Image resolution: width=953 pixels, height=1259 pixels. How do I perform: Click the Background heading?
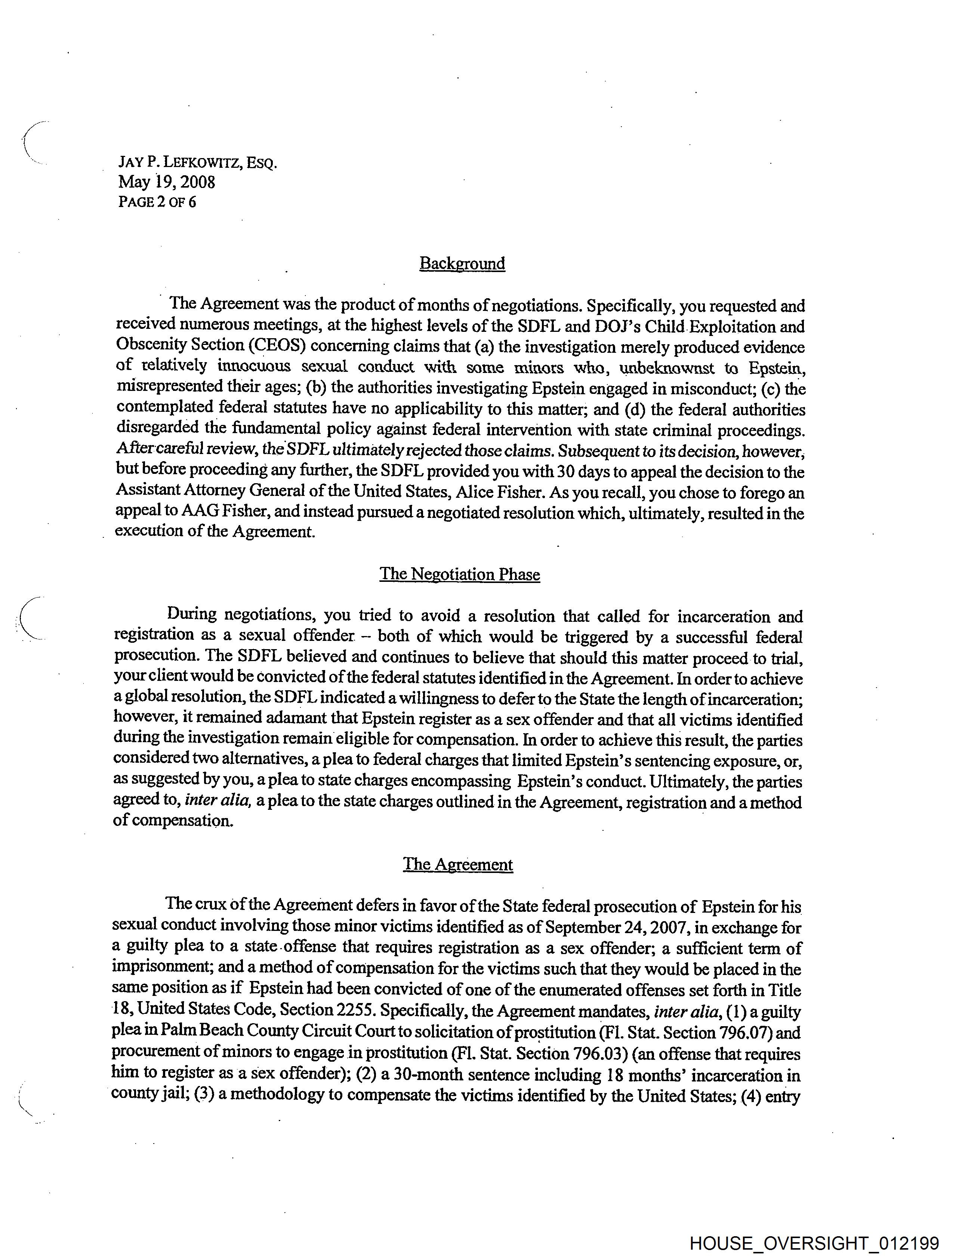click(x=462, y=263)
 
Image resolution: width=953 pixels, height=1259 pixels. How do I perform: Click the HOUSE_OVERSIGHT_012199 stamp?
click(x=814, y=1243)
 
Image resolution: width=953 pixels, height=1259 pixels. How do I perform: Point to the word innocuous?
click(x=254, y=367)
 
